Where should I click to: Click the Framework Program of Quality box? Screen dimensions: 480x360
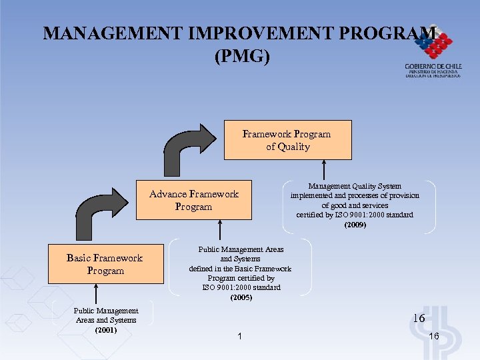pyautogui.click(x=287, y=140)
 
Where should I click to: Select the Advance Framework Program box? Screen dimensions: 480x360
pyautogui.click(x=194, y=200)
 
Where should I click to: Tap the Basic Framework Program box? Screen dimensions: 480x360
pyautogui.click(x=105, y=264)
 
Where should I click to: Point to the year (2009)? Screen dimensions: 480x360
pyautogui.click(x=355, y=225)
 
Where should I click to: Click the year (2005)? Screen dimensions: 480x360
pyautogui.click(x=241, y=297)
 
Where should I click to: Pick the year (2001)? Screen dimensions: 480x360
pyautogui.click(x=107, y=329)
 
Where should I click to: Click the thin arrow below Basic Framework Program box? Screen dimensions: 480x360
pyautogui.click(x=97, y=293)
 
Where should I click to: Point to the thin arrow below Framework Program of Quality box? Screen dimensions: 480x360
pyautogui.click(x=324, y=170)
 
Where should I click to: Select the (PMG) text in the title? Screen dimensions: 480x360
pyautogui.click(x=242, y=57)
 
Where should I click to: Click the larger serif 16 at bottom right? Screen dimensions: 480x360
pyautogui.click(x=419, y=319)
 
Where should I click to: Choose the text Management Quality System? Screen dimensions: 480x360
pyautogui.click(x=355, y=186)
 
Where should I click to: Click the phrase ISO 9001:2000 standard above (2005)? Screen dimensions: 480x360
pyautogui.click(x=241, y=287)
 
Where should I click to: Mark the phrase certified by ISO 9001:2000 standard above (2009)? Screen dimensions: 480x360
pyautogui.click(x=355, y=215)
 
